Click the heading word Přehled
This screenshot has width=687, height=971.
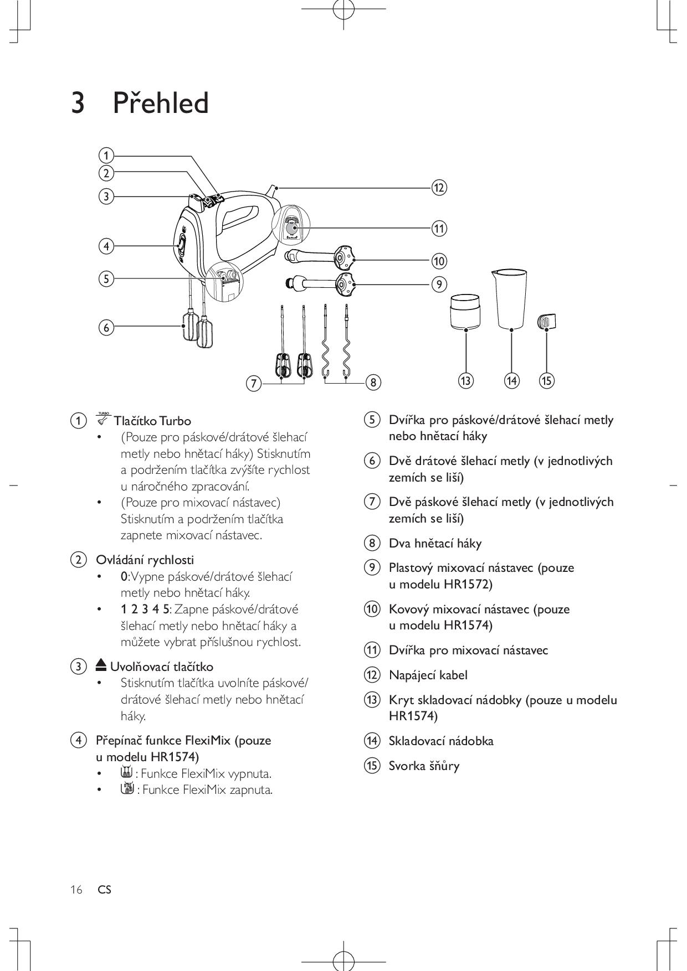coord(160,104)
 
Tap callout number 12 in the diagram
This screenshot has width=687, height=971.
coord(439,188)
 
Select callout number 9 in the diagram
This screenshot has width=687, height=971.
coord(439,285)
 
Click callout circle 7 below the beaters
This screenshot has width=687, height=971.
coord(254,383)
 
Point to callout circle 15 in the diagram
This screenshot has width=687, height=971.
coord(547,381)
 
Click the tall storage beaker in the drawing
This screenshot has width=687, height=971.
coord(510,299)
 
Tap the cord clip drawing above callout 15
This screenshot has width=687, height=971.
coord(547,322)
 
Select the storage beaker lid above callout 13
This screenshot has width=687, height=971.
coord(465,312)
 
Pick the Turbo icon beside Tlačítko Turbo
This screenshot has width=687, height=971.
coord(103,419)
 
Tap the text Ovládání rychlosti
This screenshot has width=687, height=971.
coord(145,560)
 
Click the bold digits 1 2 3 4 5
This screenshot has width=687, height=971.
coord(145,610)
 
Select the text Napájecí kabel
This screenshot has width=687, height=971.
coord(428,675)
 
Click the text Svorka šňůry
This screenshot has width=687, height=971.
coord(424,766)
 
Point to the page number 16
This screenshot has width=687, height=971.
coord(76,890)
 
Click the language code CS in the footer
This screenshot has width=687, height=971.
coord(104,890)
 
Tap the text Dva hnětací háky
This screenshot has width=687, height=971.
coord(435,543)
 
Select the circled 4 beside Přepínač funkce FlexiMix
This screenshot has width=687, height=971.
coord(79,740)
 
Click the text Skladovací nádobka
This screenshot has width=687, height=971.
coord(440,741)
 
